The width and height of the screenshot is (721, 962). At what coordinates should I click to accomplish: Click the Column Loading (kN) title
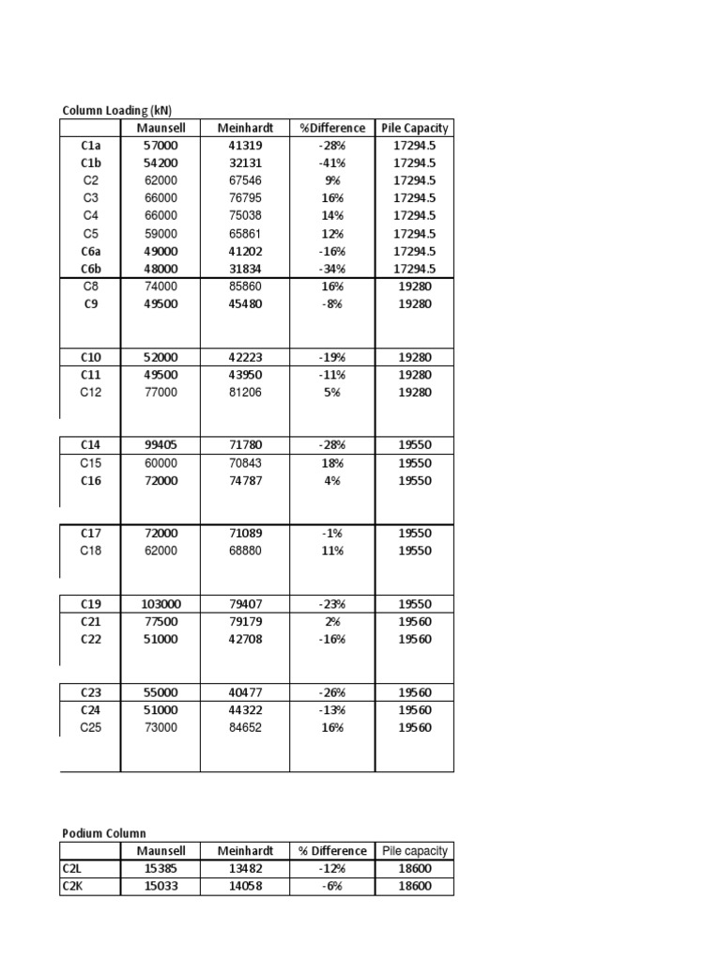pos(116,110)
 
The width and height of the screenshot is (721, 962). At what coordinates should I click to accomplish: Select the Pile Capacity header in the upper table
pos(414,128)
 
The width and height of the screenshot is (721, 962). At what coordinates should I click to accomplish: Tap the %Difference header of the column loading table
pos(332,128)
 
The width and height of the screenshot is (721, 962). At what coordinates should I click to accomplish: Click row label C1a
pos(90,146)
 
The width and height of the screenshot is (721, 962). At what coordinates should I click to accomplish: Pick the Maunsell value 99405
pos(160,444)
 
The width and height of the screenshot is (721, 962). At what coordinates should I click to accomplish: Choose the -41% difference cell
pos(332,163)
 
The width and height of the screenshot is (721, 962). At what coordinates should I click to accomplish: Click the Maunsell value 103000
pos(160,604)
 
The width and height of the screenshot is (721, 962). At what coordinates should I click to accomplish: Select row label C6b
pos(90,269)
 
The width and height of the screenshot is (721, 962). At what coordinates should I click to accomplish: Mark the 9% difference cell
pos(332,180)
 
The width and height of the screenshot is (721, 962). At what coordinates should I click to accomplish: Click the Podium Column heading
pos(104,833)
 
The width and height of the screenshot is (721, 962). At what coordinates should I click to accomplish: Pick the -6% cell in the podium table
pos(332,887)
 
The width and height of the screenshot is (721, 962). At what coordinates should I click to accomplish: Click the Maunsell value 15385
pos(160,869)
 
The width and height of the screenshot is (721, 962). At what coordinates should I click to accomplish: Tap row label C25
pos(90,728)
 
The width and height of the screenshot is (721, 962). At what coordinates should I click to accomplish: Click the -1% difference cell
pos(332,534)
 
